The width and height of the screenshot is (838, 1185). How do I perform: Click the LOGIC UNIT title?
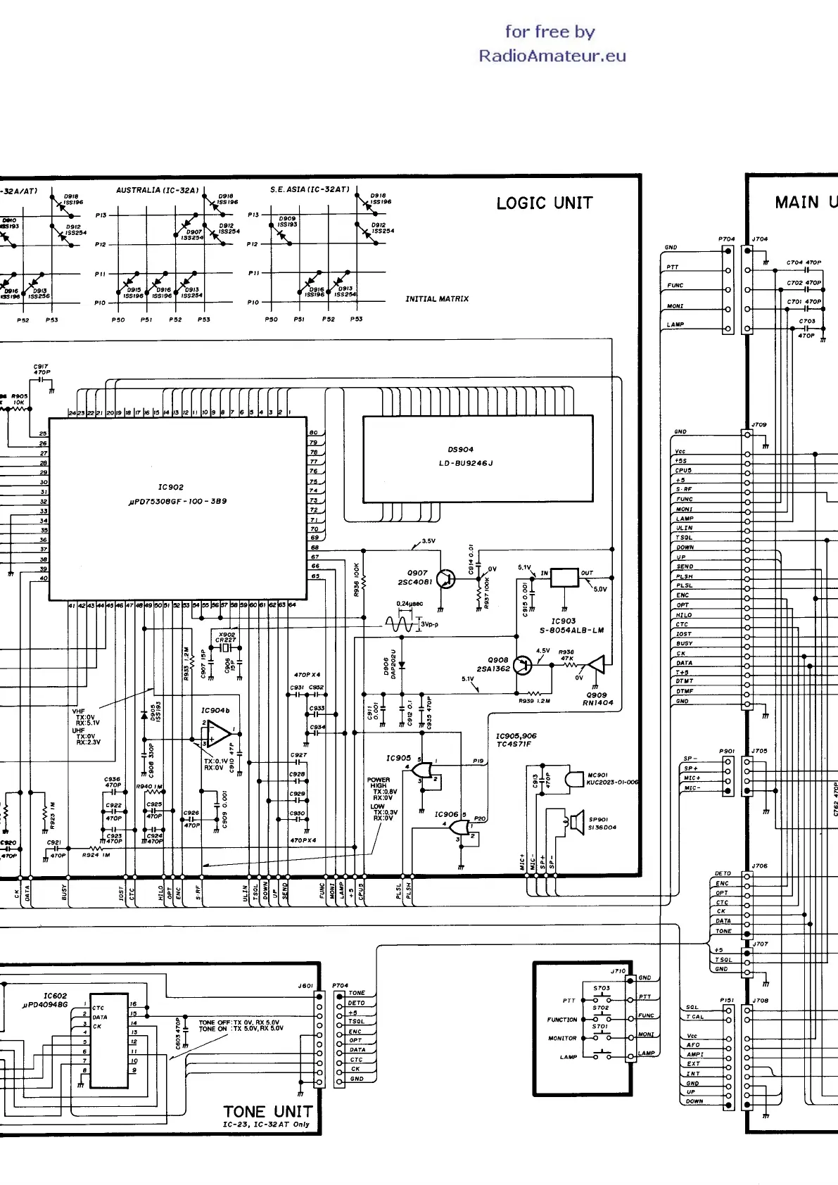point(544,203)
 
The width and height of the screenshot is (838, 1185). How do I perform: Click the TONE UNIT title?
point(267,1112)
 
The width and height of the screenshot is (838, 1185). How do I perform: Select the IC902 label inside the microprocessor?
point(171,487)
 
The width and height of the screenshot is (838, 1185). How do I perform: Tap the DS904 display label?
point(460,450)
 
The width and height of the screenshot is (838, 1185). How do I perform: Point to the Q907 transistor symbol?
point(445,578)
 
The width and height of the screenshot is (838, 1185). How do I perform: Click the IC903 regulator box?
point(564,578)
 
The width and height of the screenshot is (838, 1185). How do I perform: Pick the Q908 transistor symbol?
point(523,665)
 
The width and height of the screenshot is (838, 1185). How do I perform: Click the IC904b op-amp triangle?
point(217,737)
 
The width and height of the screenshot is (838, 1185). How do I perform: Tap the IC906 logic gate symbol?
point(459,828)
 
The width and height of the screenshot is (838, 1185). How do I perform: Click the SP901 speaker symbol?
point(575,821)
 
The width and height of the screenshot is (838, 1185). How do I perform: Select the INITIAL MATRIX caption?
point(436,299)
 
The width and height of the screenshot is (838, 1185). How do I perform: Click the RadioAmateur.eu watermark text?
point(552,56)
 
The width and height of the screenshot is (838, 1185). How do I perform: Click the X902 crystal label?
point(226,635)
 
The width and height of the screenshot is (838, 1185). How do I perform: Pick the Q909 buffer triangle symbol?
point(597,664)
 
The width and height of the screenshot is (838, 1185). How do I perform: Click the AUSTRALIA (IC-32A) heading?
point(158,190)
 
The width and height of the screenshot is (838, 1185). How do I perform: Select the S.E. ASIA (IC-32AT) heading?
point(309,189)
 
